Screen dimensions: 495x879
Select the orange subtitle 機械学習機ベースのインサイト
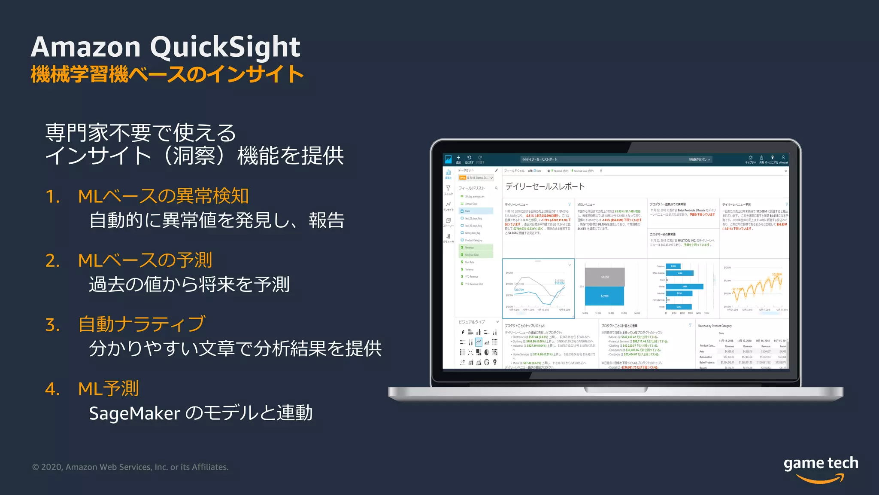click(167, 74)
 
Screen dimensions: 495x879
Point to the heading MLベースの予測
click(145, 260)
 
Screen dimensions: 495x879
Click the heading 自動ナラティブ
click(142, 324)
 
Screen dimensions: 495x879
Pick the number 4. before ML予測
click(52, 389)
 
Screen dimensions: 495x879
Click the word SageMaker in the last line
click(134, 413)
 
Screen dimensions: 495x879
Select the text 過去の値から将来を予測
click(189, 284)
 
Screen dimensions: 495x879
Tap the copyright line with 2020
click(130, 467)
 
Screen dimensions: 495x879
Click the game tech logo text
click(821, 463)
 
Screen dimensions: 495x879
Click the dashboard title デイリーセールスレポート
click(545, 186)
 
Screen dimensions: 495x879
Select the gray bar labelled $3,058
click(604, 277)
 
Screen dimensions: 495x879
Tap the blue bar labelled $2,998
click(604, 296)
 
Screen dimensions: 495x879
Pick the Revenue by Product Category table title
click(715, 326)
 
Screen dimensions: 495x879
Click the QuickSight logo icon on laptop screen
click(448, 159)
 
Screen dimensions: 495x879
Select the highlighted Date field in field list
click(476, 211)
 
